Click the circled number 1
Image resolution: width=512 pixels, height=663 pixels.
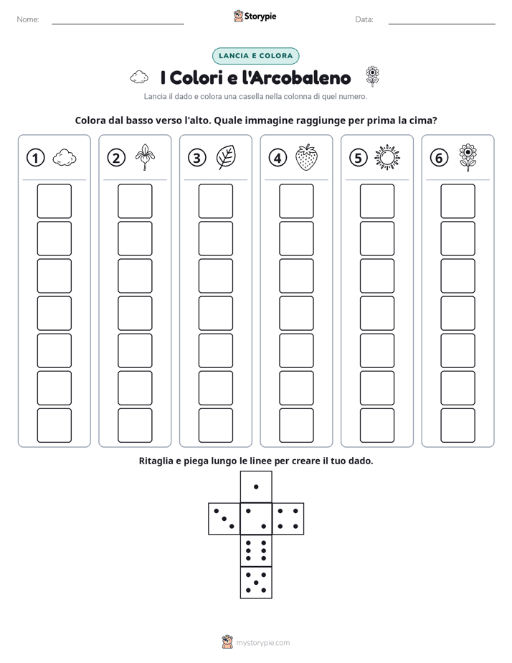(x=35, y=158)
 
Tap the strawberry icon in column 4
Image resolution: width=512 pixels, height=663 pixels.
(x=306, y=157)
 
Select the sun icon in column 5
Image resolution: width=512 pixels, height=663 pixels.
(x=387, y=157)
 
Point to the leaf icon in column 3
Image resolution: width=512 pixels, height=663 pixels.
(x=226, y=157)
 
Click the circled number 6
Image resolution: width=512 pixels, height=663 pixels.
(x=439, y=158)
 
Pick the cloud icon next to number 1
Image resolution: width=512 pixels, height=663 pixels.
(x=65, y=157)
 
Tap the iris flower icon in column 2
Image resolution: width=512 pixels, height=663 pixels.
(x=145, y=157)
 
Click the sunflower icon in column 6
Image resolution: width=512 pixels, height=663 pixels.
(x=468, y=157)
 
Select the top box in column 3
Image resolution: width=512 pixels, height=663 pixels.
(x=215, y=201)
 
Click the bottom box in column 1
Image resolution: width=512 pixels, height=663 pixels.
(x=54, y=425)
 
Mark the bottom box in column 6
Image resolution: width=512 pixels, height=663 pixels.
(x=458, y=425)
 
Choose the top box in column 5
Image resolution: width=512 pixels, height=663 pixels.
(x=376, y=201)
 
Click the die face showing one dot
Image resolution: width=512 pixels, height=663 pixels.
(x=256, y=486)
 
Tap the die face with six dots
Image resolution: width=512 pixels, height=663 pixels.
(x=256, y=550)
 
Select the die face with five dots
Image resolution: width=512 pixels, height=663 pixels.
(x=256, y=582)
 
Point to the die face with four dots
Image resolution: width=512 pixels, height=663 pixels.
(x=288, y=519)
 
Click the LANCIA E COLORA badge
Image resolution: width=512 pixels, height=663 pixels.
(x=255, y=56)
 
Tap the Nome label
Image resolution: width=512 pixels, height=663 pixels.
(x=28, y=19)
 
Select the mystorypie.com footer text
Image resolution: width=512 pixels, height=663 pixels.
(x=262, y=643)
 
